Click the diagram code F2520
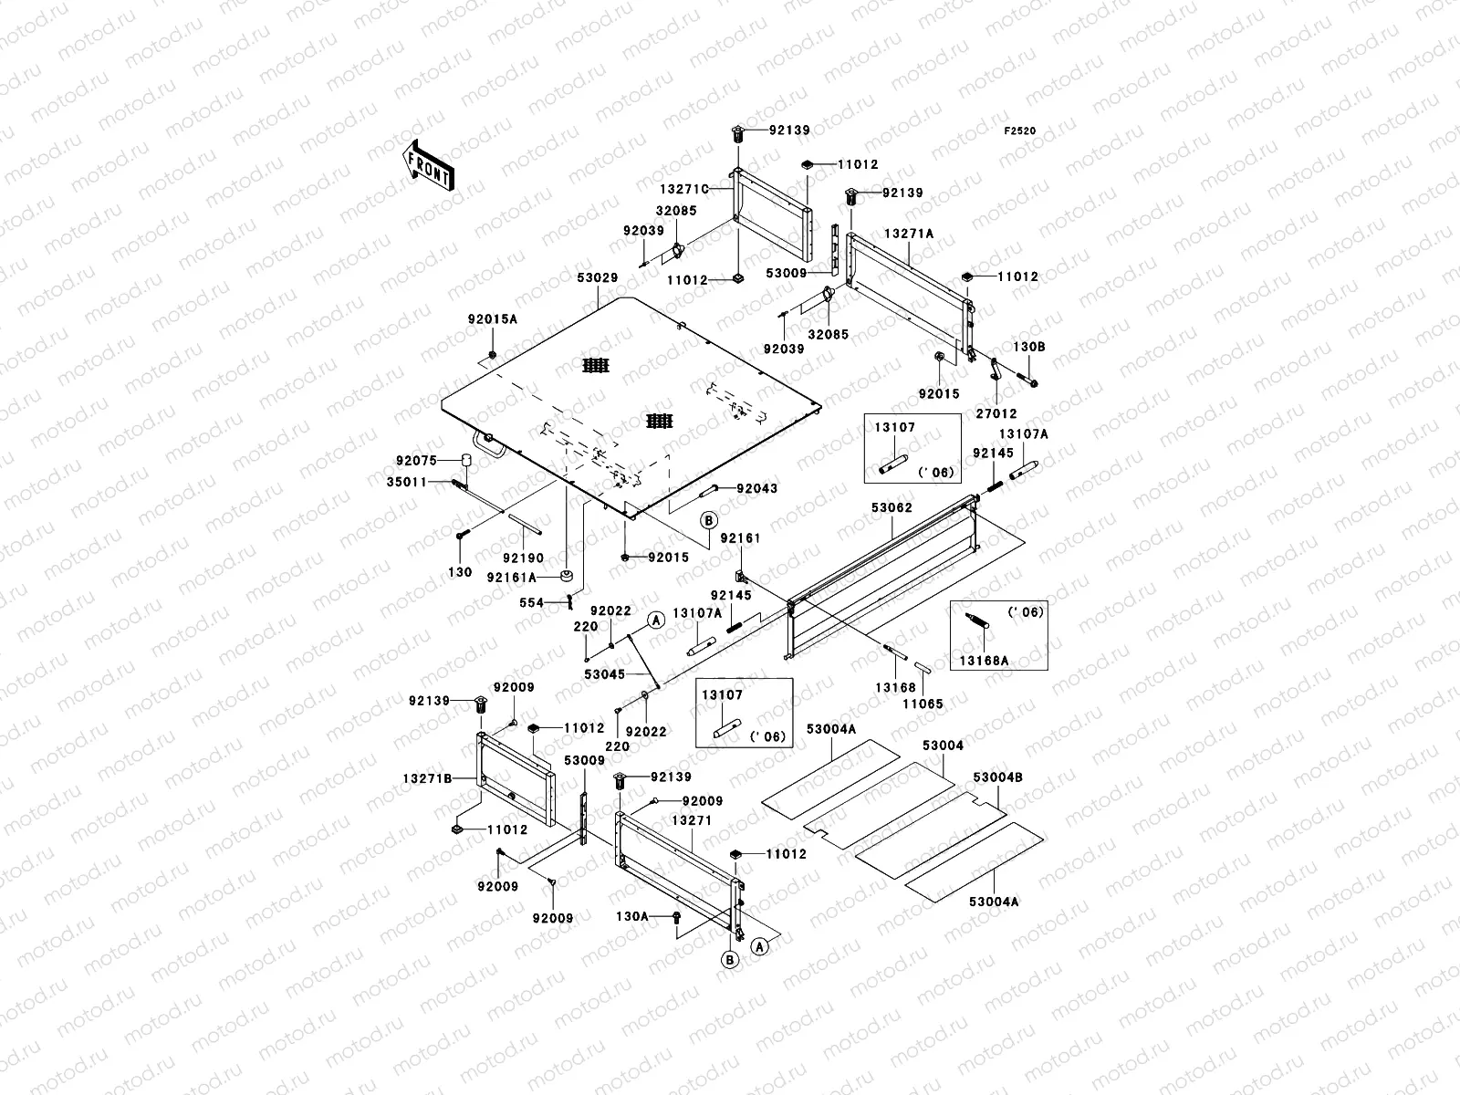[1020, 131]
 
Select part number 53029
[598, 277]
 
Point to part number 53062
[892, 507]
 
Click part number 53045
[605, 674]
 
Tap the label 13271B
[428, 778]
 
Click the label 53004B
[997, 777]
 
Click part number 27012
[996, 412]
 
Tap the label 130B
[1028, 347]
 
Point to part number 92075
[417, 461]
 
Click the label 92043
[757, 488]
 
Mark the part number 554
[531, 602]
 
